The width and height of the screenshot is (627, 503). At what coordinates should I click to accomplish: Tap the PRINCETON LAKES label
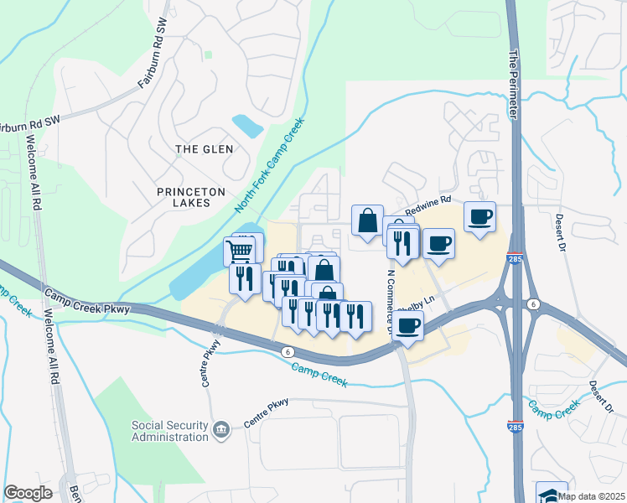191,199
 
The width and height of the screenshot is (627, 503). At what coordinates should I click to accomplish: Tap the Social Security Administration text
169,431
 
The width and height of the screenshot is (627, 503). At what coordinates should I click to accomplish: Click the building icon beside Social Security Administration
220,431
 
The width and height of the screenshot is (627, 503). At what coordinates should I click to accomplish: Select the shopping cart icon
240,249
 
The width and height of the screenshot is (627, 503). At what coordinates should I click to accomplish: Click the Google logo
28,493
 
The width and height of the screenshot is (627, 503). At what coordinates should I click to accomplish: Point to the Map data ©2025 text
592,496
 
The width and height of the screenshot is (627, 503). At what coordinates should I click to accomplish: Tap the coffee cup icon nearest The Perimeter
479,217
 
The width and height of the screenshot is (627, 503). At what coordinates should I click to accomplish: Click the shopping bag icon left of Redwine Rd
367,221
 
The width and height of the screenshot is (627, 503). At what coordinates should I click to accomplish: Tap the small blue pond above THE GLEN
248,126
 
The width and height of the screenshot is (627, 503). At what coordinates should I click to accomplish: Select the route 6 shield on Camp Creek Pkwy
287,351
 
